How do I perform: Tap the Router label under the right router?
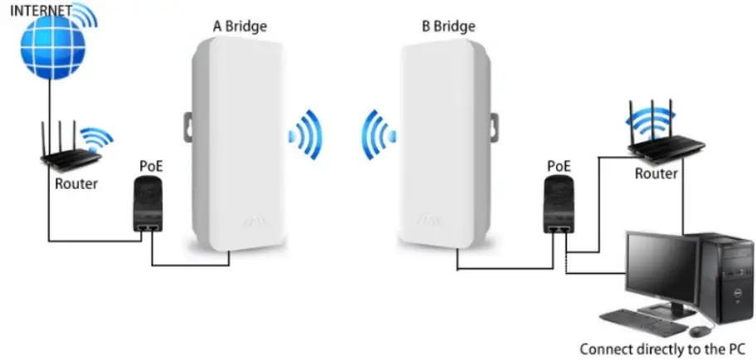point(656,173)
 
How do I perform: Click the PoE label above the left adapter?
point(151,165)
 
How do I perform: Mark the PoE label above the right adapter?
point(558,166)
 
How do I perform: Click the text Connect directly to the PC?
point(661,348)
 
